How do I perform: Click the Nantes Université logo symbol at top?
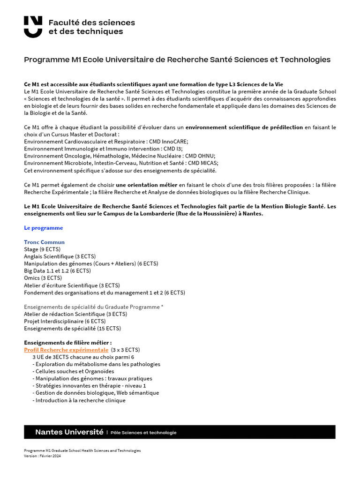(33, 27)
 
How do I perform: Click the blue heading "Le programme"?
(43, 228)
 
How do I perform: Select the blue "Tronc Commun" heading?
(45, 242)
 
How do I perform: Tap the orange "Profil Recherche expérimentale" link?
(66, 350)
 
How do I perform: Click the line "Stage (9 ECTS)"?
(42, 249)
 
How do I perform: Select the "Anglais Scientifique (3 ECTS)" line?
(60, 256)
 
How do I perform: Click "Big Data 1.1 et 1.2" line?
(57, 270)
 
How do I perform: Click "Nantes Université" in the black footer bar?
(69, 432)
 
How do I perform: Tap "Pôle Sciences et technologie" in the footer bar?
(143, 432)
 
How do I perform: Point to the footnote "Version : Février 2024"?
(42, 456)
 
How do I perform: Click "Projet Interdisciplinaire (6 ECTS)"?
(65, 321)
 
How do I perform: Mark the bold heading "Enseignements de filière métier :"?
(68, 343)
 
